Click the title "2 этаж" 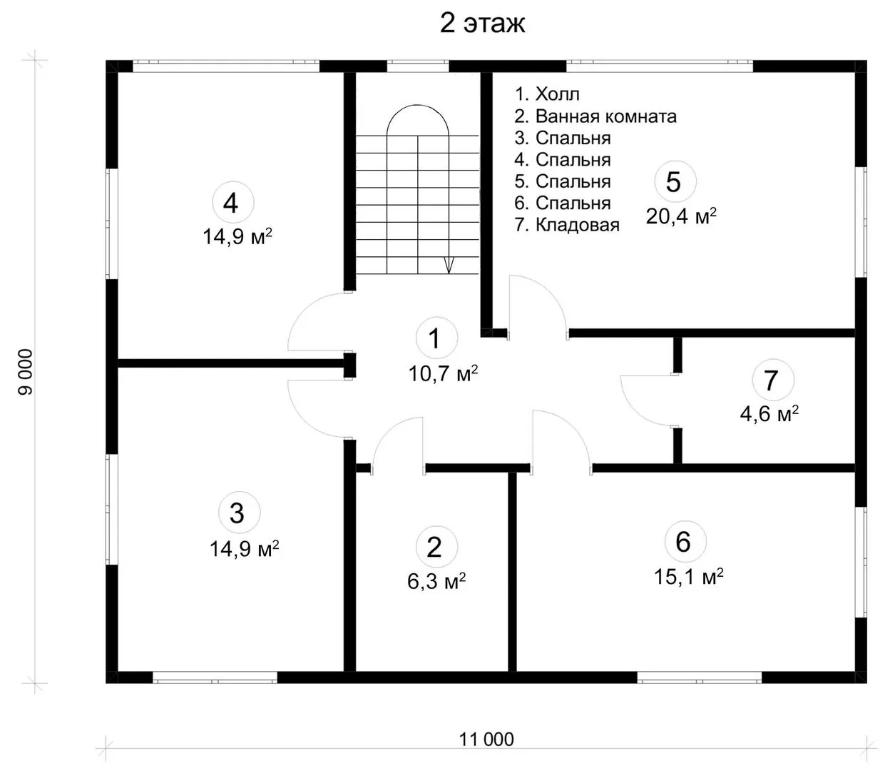click(482, 24)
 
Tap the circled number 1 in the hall click(436, 338)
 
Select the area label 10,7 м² click(443, 373)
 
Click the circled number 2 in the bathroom click(436, 547)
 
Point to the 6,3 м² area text click(436, 580)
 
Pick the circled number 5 click(675, 182)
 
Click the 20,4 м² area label click(681, 216)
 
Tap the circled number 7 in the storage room click(773, 380)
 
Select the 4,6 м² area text click(769, 413)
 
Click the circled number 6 click(685, 542)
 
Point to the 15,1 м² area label click(689, 576)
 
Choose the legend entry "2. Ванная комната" click(595, 116)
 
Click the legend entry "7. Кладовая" click(567, 225)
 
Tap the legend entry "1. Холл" click(547, 94)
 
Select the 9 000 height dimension click(26, 372)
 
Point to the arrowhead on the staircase click(449, 265)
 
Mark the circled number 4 click(233, 203)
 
